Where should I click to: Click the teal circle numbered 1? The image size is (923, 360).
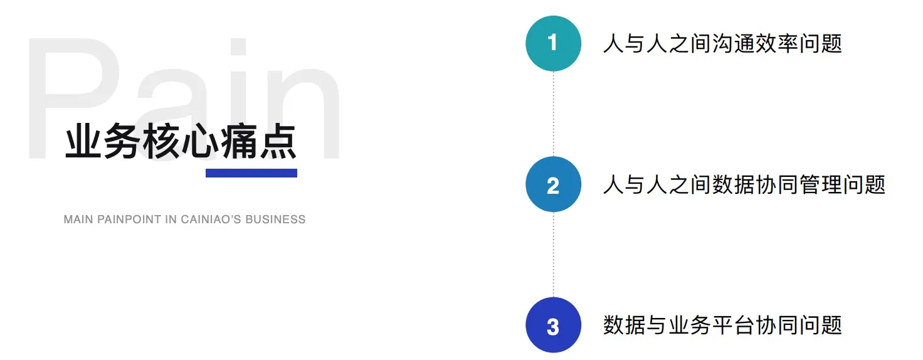click(553, 43)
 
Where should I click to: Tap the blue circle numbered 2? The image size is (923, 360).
click(553, 184)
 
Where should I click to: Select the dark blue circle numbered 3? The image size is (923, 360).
click(553, 326)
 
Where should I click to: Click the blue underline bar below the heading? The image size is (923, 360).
click(251, 173)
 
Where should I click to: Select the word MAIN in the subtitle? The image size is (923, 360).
click(78, 220)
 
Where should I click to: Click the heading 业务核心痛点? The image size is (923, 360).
click(181, 142)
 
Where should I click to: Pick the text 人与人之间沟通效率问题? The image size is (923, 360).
click(722, 43)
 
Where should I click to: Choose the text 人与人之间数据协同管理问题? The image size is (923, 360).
click(744, 184)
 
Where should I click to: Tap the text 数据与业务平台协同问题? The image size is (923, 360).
click(722, 326)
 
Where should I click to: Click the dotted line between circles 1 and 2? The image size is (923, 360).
click(553, 114)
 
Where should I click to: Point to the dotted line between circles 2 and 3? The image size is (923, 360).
click(553, 255)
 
